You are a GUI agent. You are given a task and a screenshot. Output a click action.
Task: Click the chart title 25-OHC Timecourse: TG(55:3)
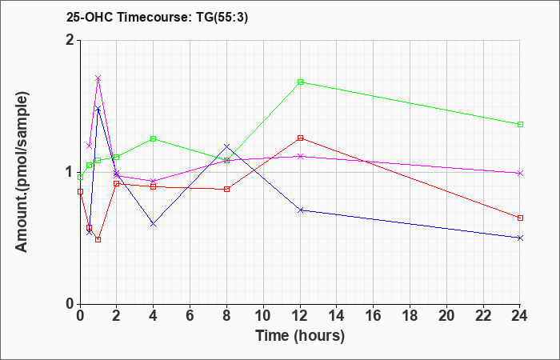157,18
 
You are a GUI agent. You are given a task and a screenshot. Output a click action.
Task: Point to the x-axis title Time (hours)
300,336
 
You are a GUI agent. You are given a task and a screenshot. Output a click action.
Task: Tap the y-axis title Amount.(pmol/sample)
22,172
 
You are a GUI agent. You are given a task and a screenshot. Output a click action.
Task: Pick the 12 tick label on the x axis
300,315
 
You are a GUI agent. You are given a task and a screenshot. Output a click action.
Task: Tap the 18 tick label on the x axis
410,315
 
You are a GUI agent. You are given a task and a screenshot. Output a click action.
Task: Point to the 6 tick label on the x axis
190,315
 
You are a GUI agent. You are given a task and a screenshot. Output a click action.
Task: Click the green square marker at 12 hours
300,82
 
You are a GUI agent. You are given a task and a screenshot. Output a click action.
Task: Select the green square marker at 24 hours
520,124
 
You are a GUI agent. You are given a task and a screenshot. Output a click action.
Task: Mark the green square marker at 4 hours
154,138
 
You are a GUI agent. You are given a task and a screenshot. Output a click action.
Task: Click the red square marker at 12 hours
300,138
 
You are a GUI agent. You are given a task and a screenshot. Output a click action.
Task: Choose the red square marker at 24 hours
520,218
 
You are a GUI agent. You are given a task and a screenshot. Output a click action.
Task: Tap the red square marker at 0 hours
80,191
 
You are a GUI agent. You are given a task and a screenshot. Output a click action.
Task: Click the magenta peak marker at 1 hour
98,78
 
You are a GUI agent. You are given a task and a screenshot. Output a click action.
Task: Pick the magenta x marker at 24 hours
520,174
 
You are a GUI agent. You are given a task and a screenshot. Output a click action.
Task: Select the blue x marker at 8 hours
226,146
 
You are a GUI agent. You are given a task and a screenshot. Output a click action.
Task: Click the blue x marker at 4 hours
154,224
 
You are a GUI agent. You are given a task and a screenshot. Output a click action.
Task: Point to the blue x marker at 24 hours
520,238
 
